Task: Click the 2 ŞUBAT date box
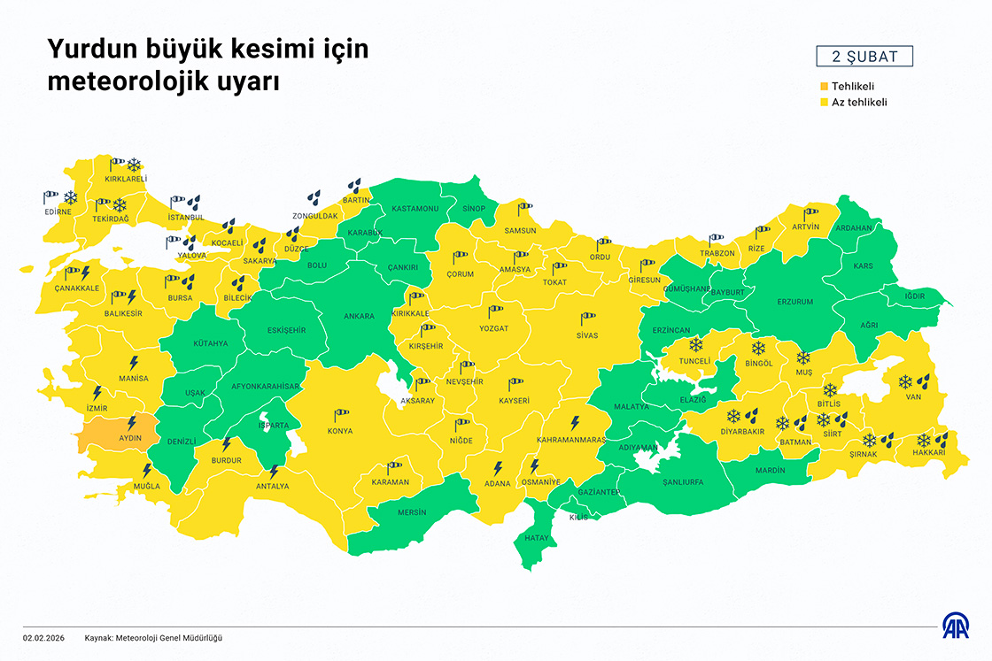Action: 864,58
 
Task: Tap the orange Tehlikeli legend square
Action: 824,87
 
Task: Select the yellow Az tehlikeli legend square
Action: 824,103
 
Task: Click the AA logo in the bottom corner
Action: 955,626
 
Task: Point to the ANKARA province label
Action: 359,316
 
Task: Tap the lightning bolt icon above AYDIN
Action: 132,422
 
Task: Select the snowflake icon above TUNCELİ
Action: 695,344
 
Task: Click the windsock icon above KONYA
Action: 341,414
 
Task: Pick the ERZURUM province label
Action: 794,302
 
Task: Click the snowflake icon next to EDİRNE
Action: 70,197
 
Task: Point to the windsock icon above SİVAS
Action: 588,319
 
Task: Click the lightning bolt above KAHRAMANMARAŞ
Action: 574,422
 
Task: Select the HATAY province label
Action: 537,538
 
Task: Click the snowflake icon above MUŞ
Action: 803,357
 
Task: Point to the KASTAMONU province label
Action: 415,209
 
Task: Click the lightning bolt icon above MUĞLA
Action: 147,470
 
